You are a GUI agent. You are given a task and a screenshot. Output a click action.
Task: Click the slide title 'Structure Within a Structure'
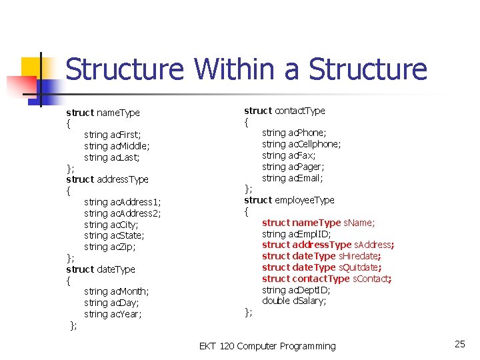pos(246,69)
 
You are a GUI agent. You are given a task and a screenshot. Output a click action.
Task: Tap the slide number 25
pos(459,344)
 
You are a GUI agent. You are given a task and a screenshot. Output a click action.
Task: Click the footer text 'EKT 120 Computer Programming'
pos(267,346)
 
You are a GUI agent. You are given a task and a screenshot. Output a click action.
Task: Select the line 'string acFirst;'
pos(113,135)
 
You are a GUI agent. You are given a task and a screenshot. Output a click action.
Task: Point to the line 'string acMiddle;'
pos(117,146)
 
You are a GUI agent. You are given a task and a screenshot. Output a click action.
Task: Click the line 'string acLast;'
pos(112,157)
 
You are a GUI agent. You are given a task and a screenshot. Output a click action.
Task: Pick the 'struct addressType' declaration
pos(107,179)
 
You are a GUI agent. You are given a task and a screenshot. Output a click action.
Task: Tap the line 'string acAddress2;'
pos(123,213)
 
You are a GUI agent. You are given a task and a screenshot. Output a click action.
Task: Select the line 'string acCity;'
pos(112,225)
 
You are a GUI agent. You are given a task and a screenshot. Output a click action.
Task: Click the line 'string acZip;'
pos(110,247)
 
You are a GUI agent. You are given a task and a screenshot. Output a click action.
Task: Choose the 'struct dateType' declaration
pos(101,269)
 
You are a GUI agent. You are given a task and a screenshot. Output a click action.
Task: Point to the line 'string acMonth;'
pos(117,291)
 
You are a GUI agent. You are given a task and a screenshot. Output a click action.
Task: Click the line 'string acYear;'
pos(113,314)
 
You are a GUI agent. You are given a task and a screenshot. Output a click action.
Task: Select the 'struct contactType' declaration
pos(285,111)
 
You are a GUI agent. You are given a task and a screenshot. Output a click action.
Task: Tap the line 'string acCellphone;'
pos(301,144)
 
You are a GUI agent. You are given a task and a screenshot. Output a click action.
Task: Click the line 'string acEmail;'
pos(293,178)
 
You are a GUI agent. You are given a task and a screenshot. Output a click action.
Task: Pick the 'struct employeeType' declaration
pos(289,200)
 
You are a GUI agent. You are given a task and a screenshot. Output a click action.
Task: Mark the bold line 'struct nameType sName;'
pos(318,223)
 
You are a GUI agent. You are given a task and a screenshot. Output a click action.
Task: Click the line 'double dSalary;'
pos(294,301)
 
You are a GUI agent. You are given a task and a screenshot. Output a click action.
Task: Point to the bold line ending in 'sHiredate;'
pos(321,256)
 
